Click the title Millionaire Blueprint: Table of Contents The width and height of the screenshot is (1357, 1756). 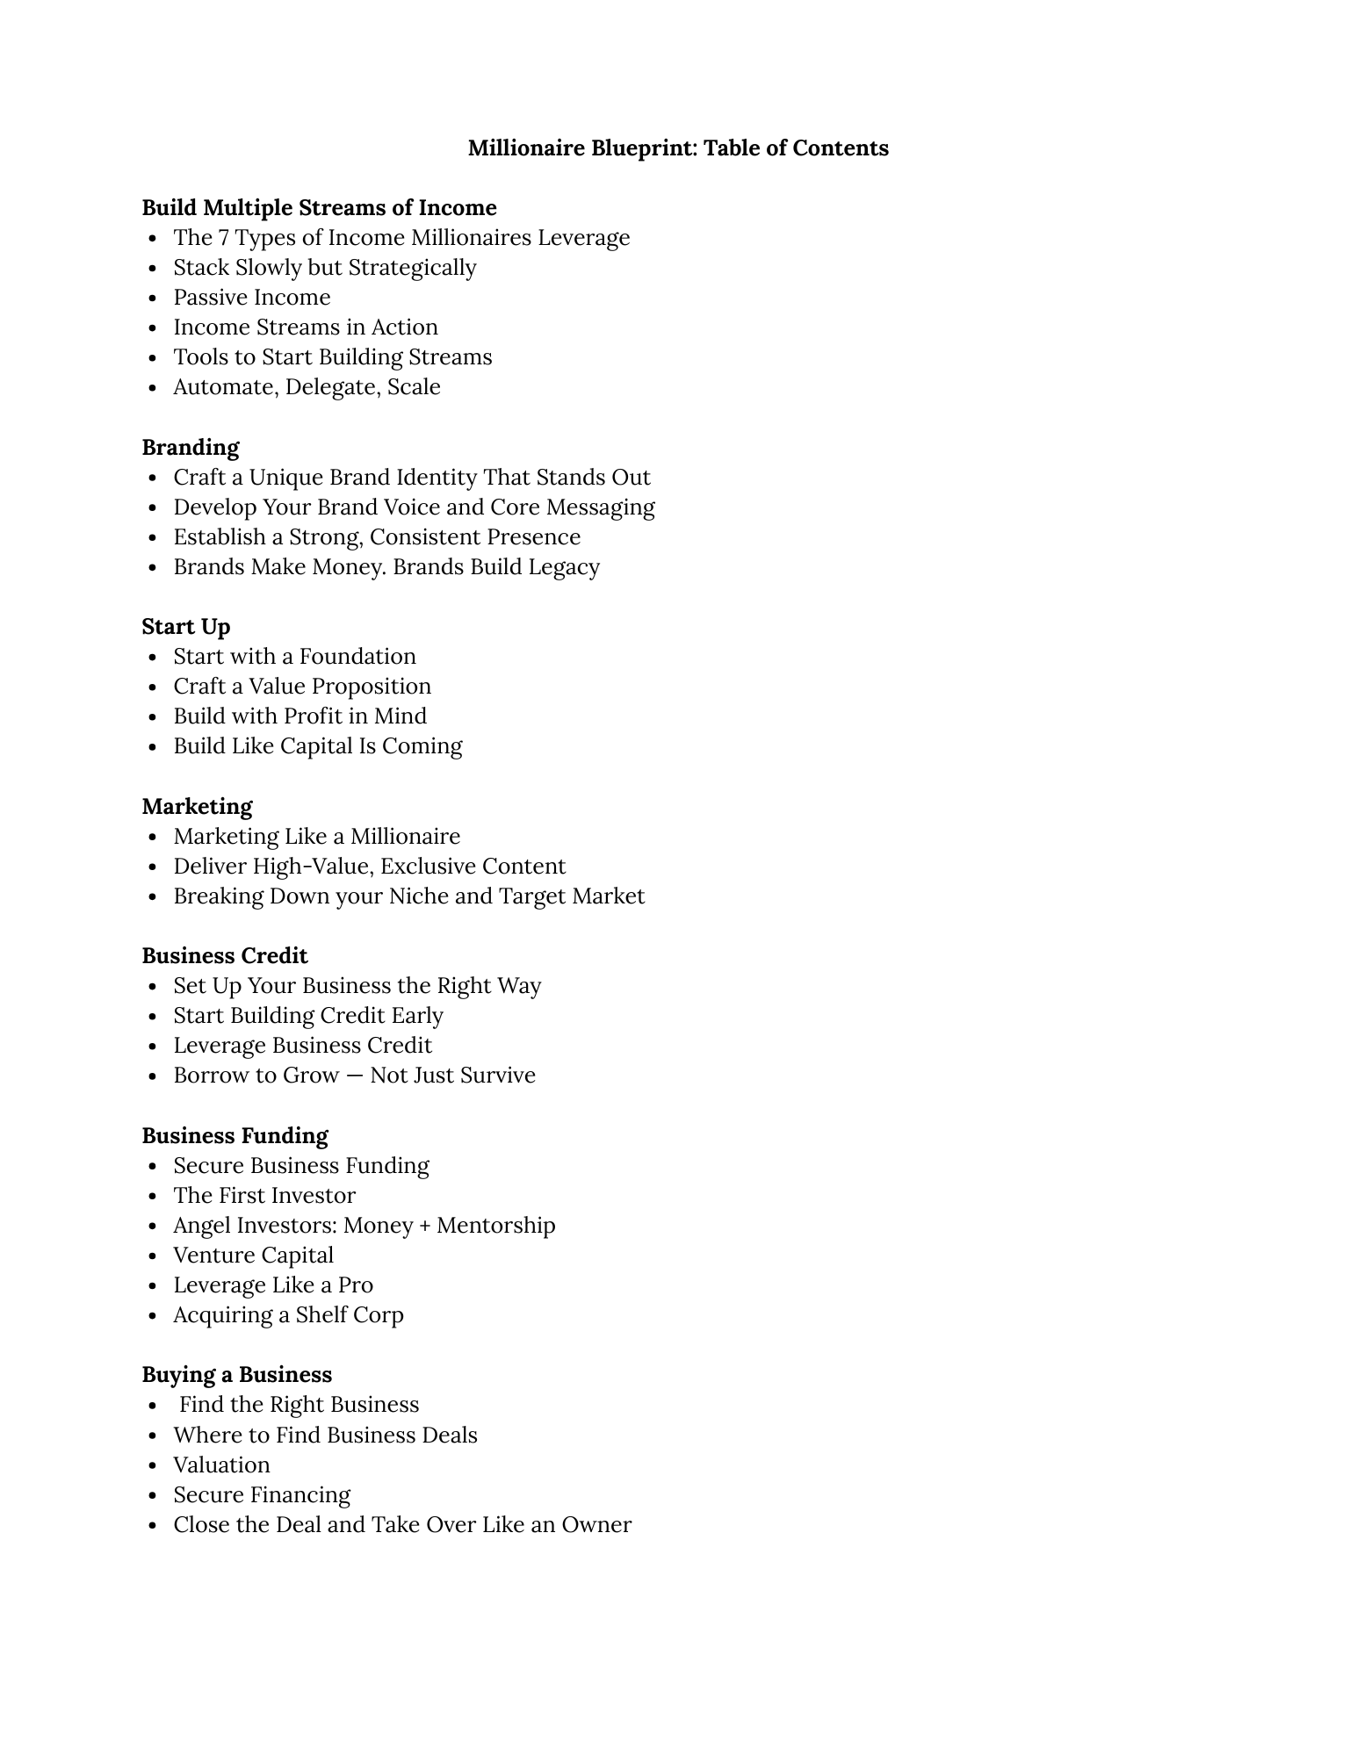coord(677,148)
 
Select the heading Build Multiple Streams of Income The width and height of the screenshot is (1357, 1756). coord(319,208)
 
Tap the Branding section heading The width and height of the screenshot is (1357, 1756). coord(191,448)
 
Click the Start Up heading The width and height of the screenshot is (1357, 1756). coord(186,627)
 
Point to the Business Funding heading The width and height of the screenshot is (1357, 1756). coord(235,1136)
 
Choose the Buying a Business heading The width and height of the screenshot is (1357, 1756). coord(237,1375)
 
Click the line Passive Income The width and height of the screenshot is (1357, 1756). coord(251,298)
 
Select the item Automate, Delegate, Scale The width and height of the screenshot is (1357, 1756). coord(307,387)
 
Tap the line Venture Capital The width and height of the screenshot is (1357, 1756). coord(253,1256)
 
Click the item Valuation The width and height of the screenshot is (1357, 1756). coord(221,1465)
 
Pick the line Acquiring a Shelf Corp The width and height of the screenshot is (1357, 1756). coord(288,1315)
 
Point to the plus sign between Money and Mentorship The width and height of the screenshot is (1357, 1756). coord(425,1227)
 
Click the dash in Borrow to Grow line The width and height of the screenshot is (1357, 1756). coord(354,1076)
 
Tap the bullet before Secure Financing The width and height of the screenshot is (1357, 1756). coord(153,1496)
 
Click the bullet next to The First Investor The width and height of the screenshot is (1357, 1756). coord(153,1197)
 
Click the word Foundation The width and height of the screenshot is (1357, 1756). coord(357,657)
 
